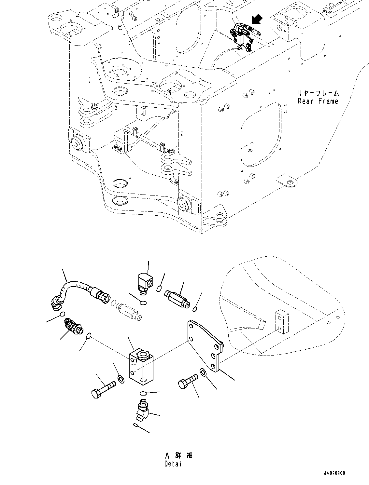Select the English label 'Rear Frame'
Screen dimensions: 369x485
tap(318, 101)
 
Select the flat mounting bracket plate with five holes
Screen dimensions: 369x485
tap(205, 346)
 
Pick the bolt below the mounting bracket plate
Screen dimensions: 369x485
tap(188, 381)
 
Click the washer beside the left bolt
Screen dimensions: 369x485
tap(121, 379)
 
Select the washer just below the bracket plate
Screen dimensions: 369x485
tap(203, 372)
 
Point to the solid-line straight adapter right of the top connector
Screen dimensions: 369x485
tap(177, 299)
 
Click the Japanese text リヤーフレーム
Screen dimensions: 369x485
tap(318, 93)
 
